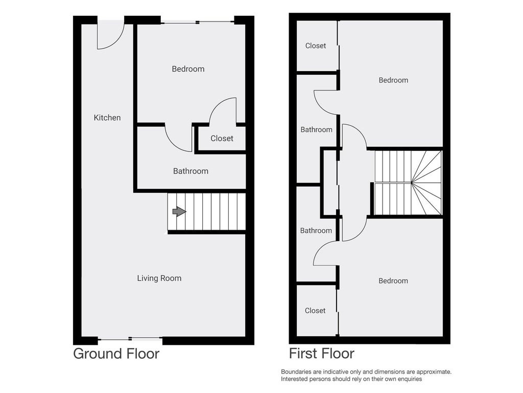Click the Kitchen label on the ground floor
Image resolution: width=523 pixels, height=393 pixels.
107,118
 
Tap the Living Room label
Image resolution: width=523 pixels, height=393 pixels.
159,278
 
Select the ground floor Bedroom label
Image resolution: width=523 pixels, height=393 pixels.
188,69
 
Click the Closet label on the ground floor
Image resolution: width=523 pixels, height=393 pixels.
222,138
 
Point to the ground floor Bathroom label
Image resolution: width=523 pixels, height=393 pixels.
191,171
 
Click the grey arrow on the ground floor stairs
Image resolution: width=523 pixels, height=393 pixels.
179,211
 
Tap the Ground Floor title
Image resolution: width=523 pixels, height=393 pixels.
116,354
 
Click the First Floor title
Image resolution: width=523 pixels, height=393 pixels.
322,354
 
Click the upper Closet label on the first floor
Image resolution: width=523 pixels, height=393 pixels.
316,46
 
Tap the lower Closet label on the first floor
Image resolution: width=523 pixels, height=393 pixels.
315,311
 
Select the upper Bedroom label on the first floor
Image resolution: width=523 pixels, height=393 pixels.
393,80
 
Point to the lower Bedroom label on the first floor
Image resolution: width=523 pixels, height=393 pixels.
393,281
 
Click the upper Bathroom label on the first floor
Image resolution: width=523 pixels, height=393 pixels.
316,129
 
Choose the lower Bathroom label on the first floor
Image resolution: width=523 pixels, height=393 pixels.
316,231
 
